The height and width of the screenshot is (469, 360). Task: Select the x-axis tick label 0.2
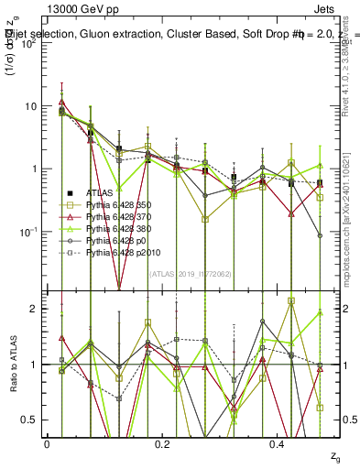pos(162,443)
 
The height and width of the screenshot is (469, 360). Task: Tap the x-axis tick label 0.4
pos(278,443)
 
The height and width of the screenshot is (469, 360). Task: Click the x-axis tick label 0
pos(47,443)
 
